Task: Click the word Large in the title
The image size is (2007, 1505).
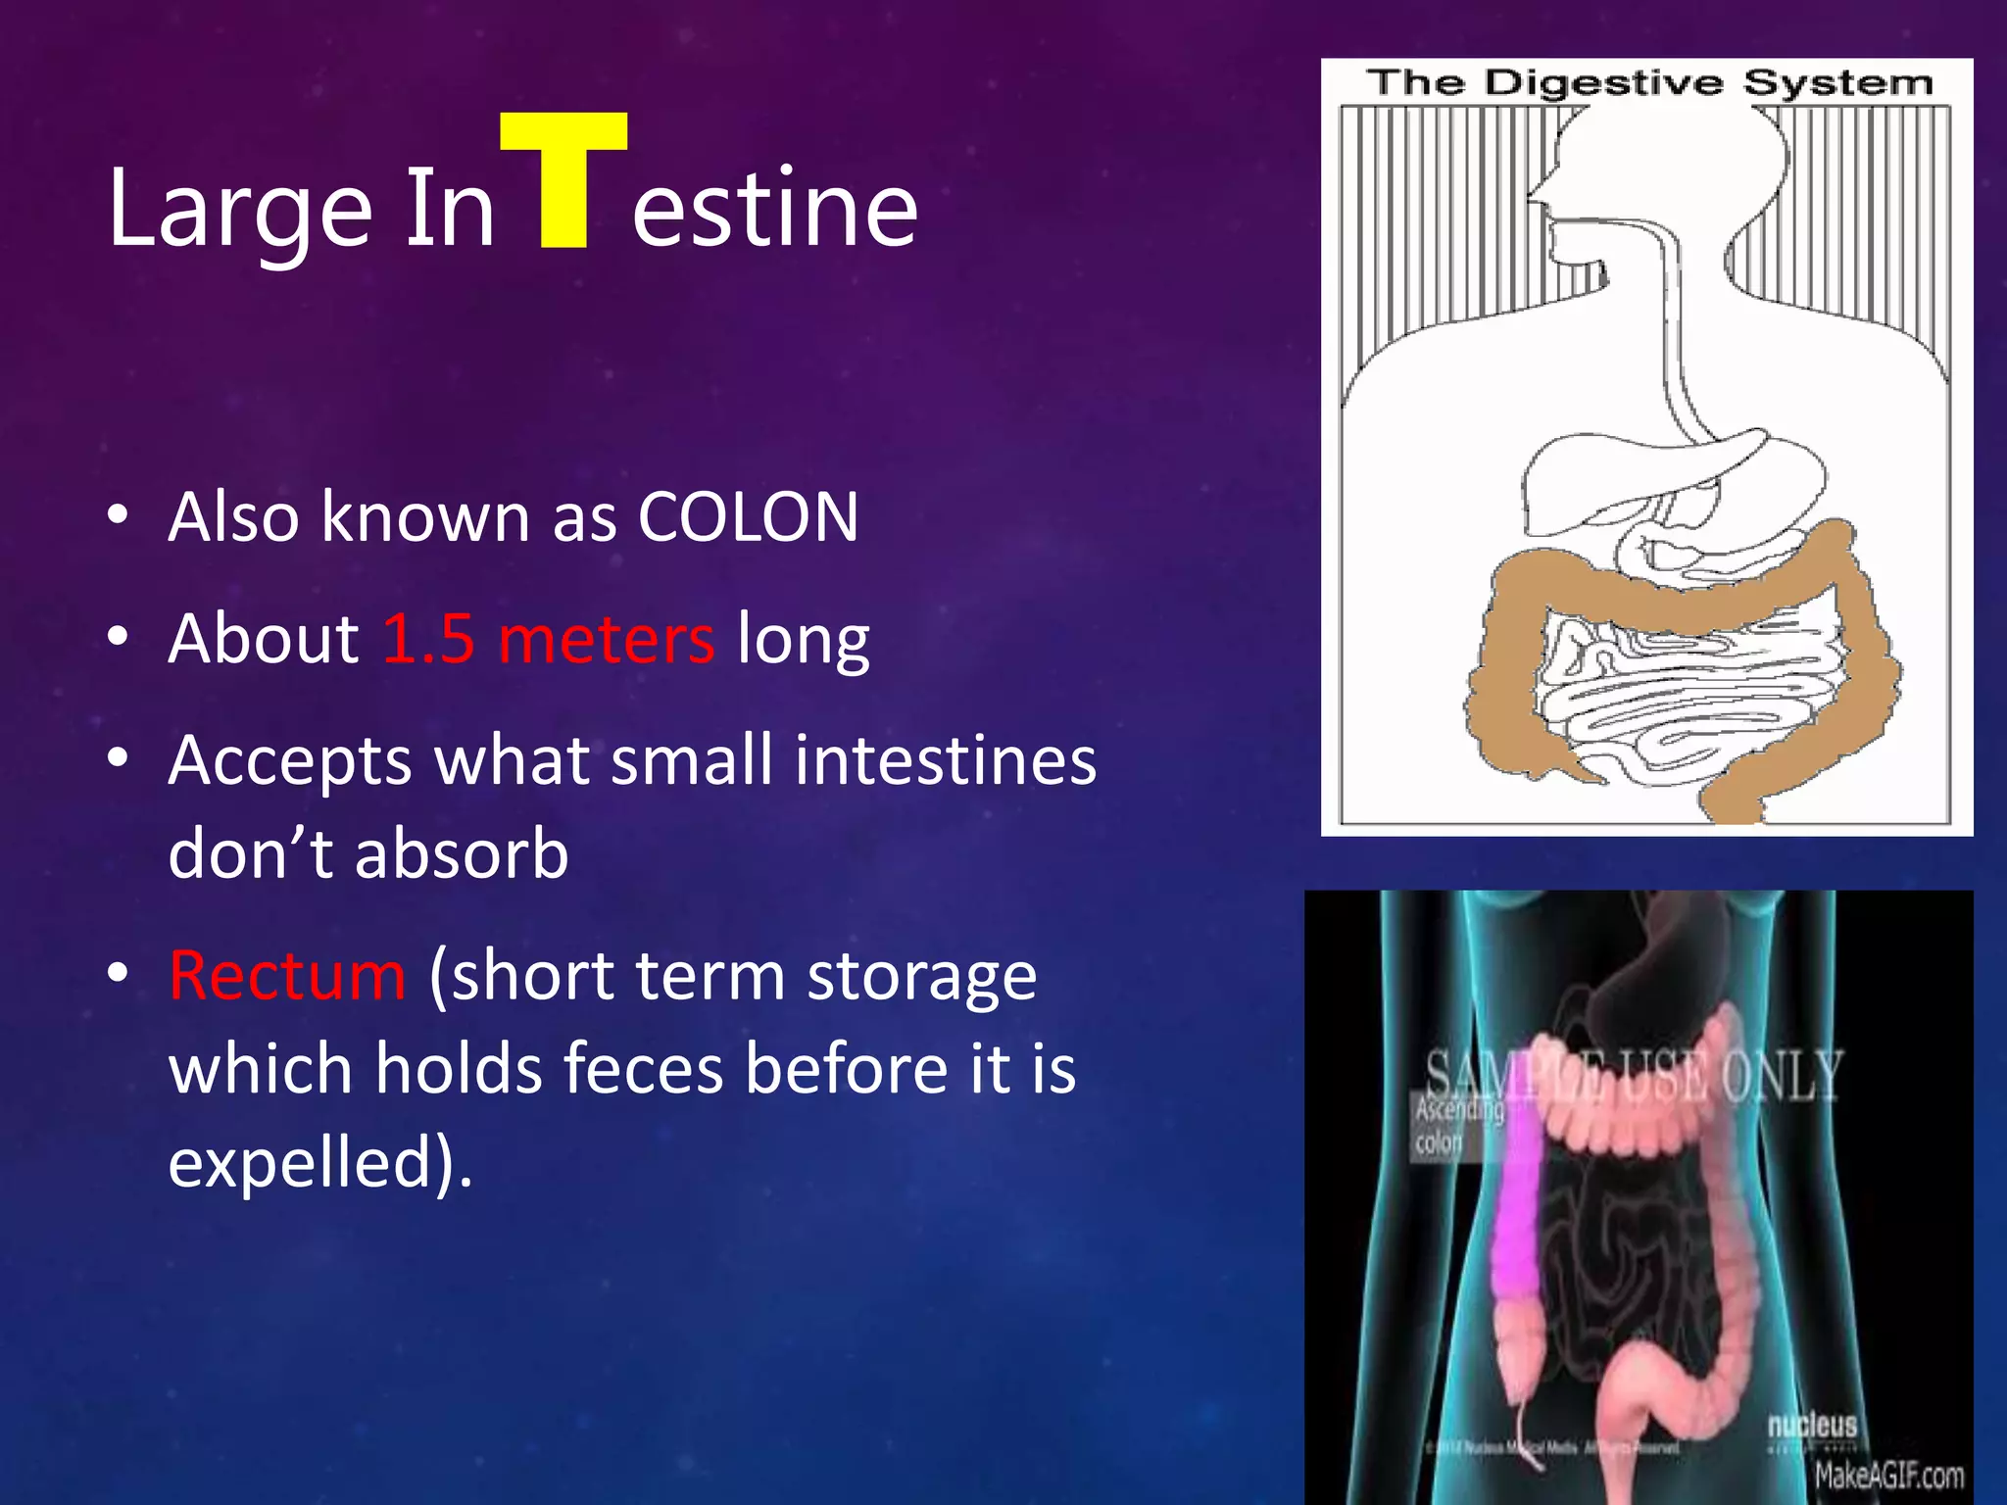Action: tap(239, 209)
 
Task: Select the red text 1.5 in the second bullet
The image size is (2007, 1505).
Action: tap(428, 639)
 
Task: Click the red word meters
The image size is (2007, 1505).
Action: tap(607, 639)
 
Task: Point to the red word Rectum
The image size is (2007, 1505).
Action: tap(287, 976)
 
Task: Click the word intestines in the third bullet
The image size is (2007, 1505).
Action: tap(945, 760)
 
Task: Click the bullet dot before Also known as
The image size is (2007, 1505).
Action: tap(118, 516)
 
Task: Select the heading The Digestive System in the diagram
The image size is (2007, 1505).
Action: tap(1648, 83)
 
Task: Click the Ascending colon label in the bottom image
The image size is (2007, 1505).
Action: tap(1457, 1126)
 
